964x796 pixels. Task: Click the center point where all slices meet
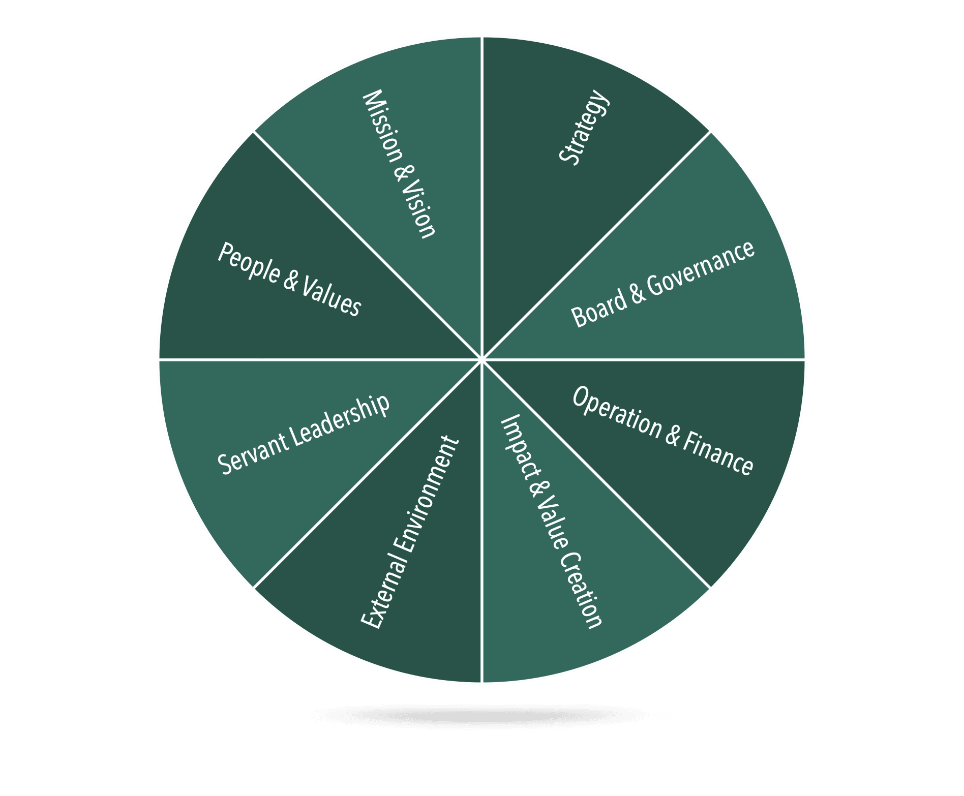click(481, 359)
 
